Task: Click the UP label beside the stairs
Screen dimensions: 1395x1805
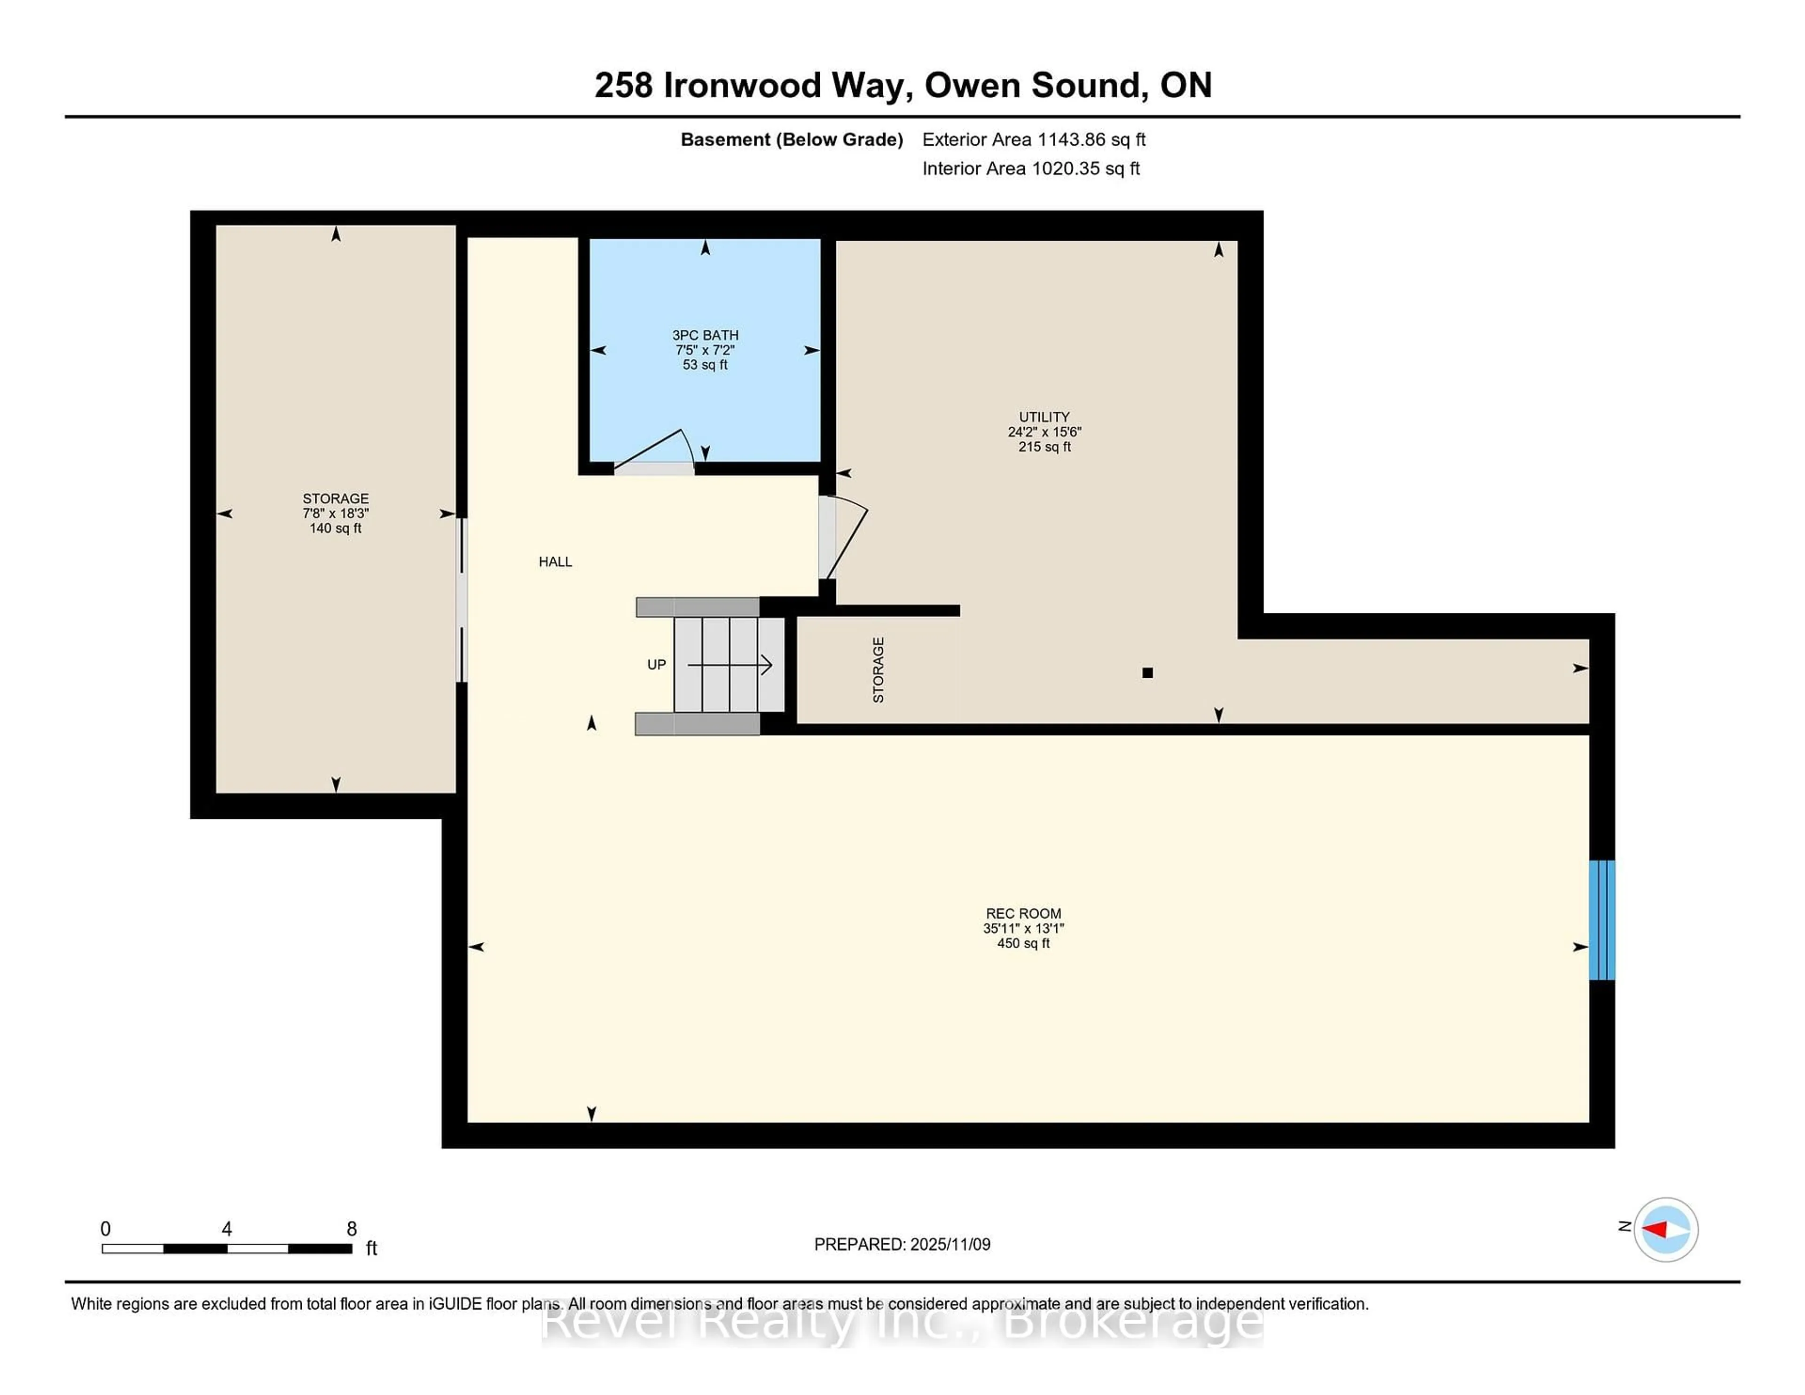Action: (x=656, y=665)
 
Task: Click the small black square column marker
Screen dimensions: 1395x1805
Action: (x=1147, y=673)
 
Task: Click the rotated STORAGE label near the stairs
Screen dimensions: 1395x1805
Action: (x=879, y=670)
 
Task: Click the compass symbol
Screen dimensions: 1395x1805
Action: (x=1665, y=1229)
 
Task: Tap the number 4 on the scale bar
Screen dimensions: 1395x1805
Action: (x=227, y=1229)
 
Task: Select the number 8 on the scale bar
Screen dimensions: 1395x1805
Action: (x=351, y=1229)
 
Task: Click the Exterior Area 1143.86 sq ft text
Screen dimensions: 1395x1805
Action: (x=1033, y=140)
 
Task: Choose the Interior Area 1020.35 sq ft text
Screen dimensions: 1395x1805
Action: (x=1031, y=169)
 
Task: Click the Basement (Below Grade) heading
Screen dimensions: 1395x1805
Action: (x=791, y=140)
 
